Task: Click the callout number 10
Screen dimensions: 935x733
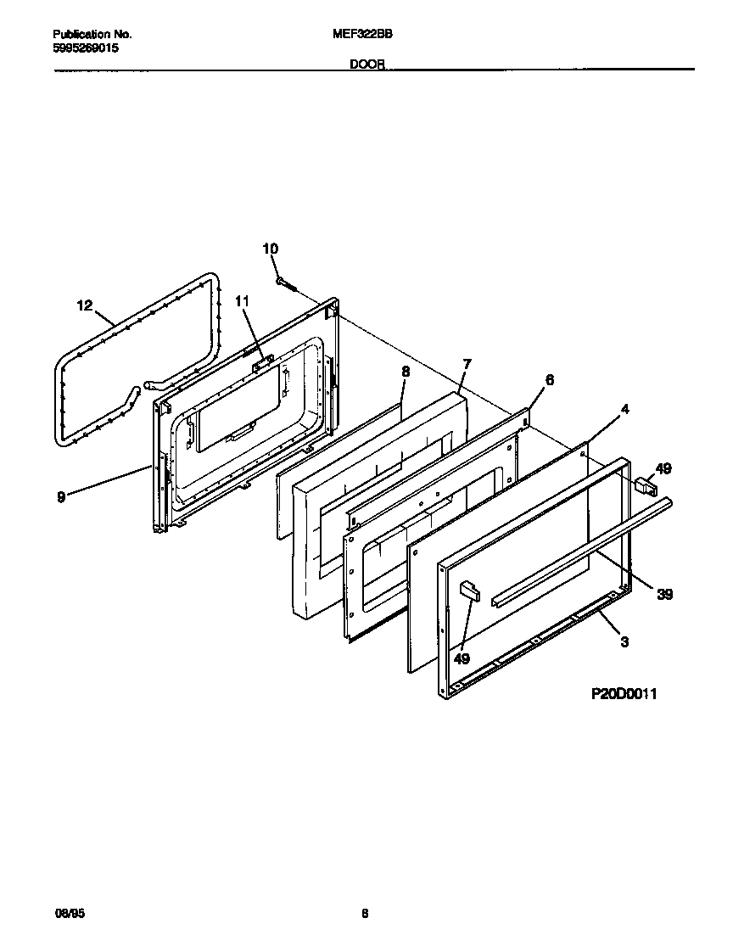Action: [270, 249]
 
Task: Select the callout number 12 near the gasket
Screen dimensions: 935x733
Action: [85, 306]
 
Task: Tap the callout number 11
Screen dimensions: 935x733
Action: [243, 301]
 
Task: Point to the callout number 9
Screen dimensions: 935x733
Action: [61, 497]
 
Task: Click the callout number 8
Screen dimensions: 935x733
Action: [405, 371]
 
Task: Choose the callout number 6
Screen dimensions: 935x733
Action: [549, 380]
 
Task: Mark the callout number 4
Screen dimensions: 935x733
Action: [624, 409]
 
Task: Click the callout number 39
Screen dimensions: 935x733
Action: [664, 595]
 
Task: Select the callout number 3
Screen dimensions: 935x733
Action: [624, 641]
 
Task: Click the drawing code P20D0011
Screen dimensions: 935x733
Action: [624, 694]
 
